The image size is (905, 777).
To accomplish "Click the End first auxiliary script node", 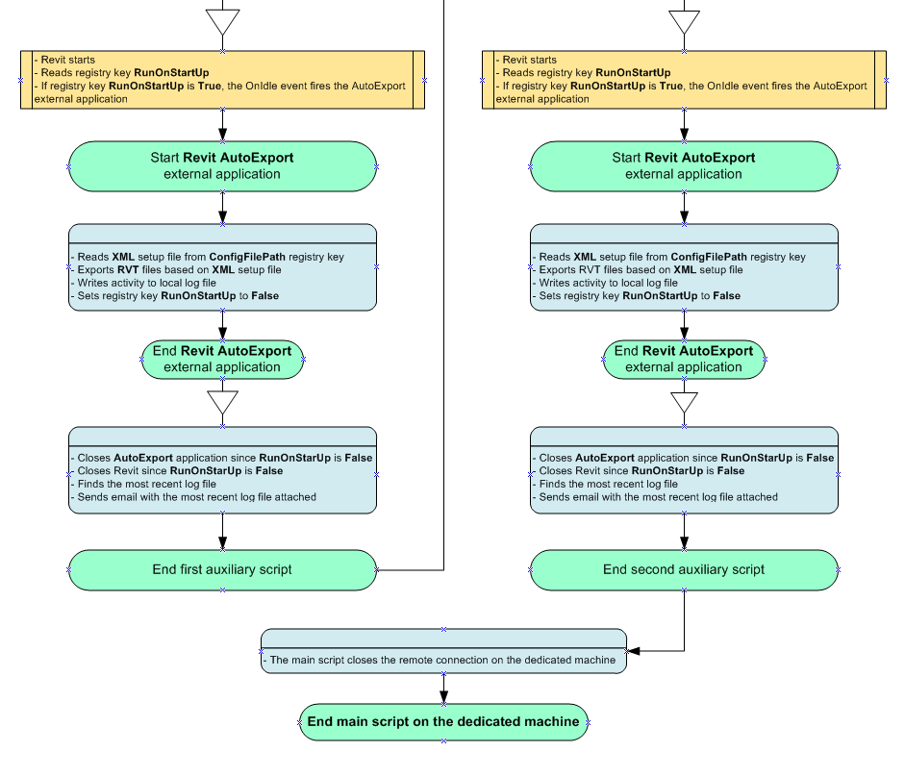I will (x=222, y=569).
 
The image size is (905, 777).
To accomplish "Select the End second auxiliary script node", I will (x=684, y=569).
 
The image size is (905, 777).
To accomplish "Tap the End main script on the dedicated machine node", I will (x=443, y=721).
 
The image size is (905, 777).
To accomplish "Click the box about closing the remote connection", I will (x=443, y=660).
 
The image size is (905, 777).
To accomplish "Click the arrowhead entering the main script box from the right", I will (x=635, y=651).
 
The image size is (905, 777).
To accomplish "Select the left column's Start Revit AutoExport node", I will (x=222, y=165).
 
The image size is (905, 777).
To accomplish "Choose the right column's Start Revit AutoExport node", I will (x=684, y=165).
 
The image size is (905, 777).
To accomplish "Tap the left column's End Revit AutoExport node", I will (x=222, y=359).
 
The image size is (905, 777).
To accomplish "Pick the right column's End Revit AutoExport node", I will (x=684, y=359).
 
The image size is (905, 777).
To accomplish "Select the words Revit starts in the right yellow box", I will (x=529, y=60).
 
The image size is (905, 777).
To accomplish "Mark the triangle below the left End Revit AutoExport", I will (x=222, y=402).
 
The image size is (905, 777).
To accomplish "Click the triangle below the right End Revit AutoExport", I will (x=684, y=402).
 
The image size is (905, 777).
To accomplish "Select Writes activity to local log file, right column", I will (x=608, y=283).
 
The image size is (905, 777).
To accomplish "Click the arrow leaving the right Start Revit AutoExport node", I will (x=684, y=210).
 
